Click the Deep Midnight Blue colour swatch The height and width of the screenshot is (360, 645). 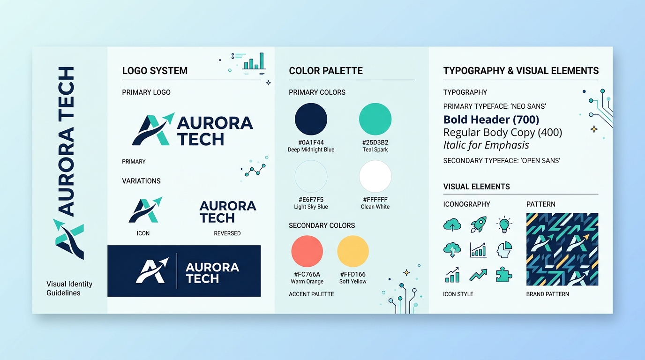point(311,119)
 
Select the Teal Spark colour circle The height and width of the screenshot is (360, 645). point(375,119)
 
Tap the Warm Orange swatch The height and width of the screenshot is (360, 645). point(307,251)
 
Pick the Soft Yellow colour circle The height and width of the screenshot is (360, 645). point(352,251)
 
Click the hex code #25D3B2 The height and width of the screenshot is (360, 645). point(375,142)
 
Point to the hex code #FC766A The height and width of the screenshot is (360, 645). point(307,274)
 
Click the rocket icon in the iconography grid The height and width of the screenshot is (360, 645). point(479,225)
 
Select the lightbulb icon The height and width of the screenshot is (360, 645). point(504,225)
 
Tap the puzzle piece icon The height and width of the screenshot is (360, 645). point(504,275)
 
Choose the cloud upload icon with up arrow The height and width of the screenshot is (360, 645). point(452,225)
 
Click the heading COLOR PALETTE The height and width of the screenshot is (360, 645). point(326,71)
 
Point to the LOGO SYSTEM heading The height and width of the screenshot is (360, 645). point(155,71)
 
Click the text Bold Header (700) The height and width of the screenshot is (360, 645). point(491,120)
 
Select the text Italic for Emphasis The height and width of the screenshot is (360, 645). point(486,145)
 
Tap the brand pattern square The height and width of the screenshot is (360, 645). point(562,249)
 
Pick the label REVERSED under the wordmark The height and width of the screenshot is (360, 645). point(227,233)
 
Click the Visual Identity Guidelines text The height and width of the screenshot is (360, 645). point(69,288)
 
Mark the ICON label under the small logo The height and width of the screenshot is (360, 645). point(143,233)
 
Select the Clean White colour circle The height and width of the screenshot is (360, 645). point(375,176)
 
